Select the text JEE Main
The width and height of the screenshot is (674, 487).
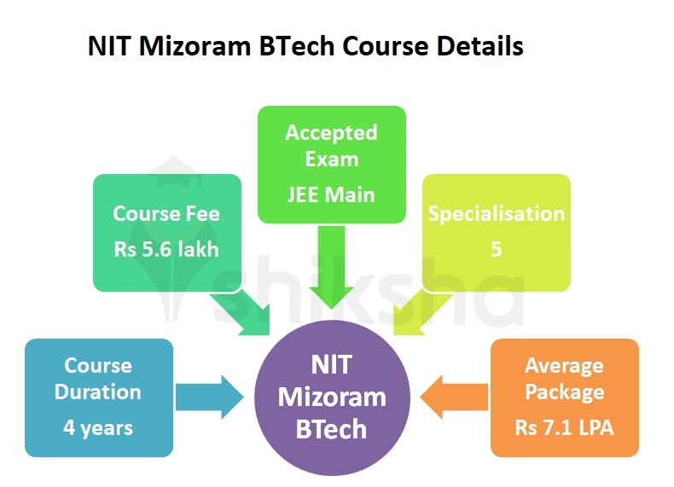[x=331, y=194]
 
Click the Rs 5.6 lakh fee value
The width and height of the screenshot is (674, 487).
[x=166, y=250]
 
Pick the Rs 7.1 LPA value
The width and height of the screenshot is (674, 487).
[x=564, y=426]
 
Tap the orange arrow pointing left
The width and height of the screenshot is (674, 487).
[x=456, y=397]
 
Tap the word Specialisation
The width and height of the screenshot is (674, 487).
[x=496, y=213]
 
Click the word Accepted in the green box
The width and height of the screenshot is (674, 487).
[x=331, y=133]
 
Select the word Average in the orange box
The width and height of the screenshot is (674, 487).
[x=564, y=366]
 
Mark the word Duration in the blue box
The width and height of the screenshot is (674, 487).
[x=99, y=392]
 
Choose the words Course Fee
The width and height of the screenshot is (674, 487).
[x=166, y=213]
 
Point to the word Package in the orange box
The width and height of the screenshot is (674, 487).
[x=564, y=393]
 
